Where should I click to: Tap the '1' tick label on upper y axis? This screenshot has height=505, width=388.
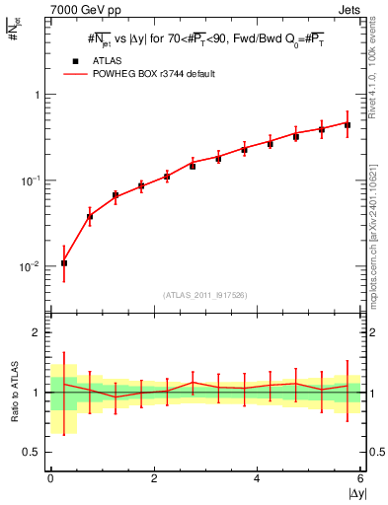(x=36, y=95)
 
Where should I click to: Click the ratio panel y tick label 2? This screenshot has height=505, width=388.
(x=36, y=332)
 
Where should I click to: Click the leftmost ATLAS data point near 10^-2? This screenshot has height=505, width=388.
(x=64, y=263)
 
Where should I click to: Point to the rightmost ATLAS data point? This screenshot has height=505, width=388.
(x=348, y=125)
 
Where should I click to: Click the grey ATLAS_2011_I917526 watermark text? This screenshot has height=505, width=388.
(x=205, y=295)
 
